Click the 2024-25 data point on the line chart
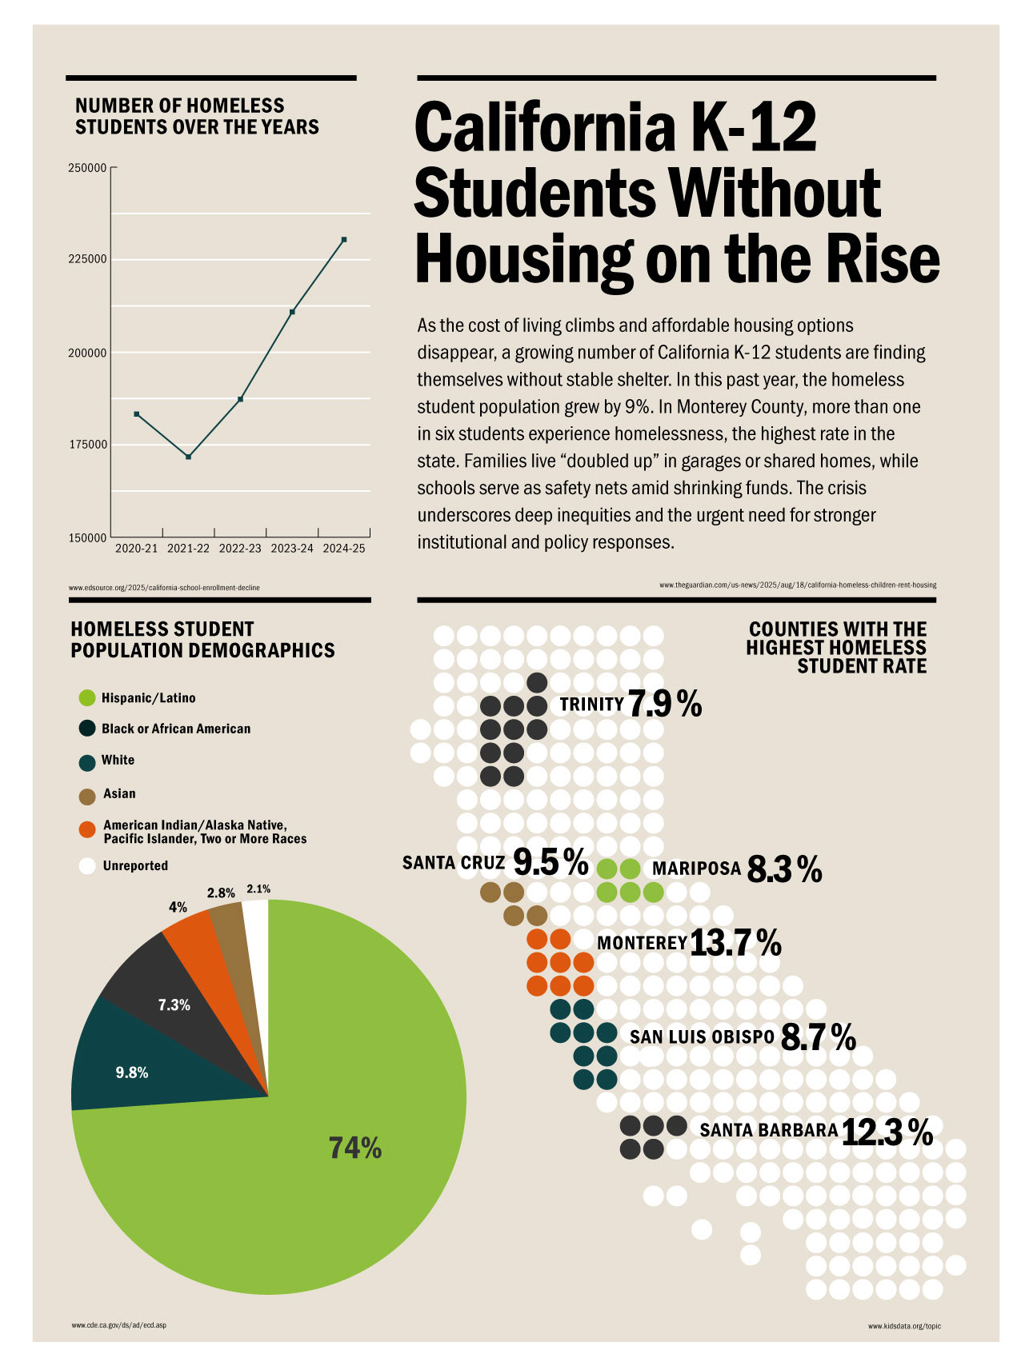tap(344, 239)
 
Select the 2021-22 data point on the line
tap(188, 457)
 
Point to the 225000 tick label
tap(87, 259)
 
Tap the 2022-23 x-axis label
tap(240, 549)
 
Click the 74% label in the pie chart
tap(355, 1148)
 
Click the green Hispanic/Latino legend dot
tap(87, 698)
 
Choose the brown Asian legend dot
tap(87, 796)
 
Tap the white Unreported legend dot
tap(87, 866)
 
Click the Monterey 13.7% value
tap(735, 943)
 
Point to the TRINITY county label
tap(591, 704)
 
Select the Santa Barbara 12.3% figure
tap(887, 1132)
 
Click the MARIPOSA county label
tap(696, 869)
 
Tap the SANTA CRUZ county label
tap(454, 863)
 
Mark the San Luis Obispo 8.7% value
tap(818, 1037)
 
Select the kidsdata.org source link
tap(904, 1326)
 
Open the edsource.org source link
tap(164, 588)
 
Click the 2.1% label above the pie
tap(258, 889)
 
